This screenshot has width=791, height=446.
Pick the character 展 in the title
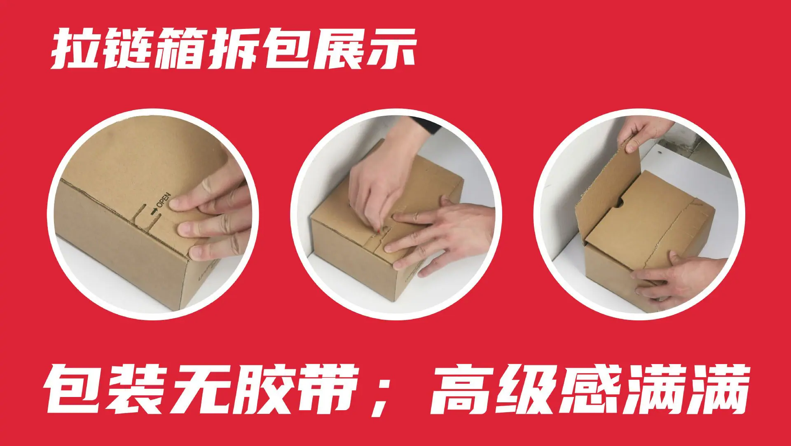pyautogui.click(x=339, y=48)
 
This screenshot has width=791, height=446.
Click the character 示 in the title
pyautogui.click(x=391, y=48)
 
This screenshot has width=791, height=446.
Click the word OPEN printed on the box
pyautogui.click(x=163, y=200)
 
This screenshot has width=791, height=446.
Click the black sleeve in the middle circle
pyautogui.click(x=428, y=124)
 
